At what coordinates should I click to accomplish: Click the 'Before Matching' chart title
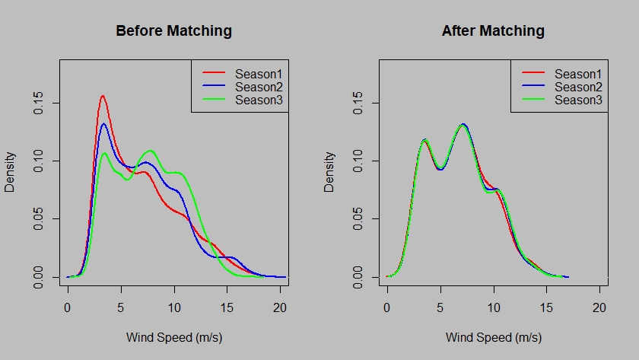[x=173, y=31]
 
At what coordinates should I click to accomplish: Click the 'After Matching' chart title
[x=493, y=31]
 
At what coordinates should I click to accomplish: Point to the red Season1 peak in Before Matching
[x=102, y=96]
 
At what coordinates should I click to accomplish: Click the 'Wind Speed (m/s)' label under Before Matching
[x=173, y=337]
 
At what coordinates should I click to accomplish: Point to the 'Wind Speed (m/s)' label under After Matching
[x=493, y=337]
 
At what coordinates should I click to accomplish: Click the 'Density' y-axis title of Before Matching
[x=11, y=172]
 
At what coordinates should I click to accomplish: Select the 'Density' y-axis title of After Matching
[x=330, y=172]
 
